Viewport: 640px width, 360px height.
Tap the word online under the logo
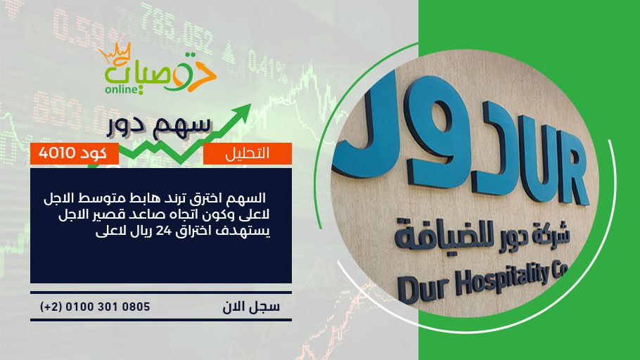(121, 89)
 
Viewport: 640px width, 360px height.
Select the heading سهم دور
(159, 126)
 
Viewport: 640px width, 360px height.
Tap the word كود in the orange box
(94, 153)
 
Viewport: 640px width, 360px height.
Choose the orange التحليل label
(248, 153)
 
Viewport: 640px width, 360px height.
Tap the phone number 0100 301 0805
(108, 307)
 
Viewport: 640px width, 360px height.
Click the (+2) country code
(51, 307)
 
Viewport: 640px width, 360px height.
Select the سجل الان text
(251, 307)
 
